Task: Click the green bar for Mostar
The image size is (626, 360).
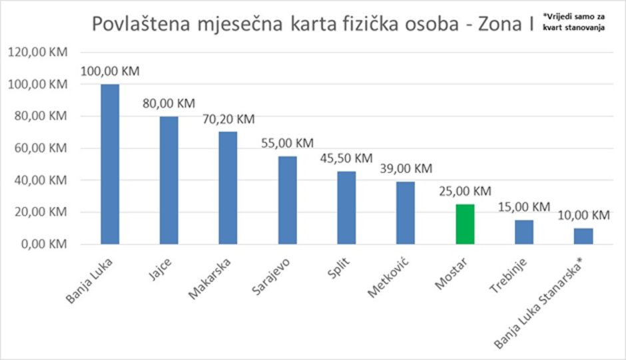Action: pos(465,224)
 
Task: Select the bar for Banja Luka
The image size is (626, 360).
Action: pos(110,164)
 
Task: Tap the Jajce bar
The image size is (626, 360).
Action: pos(168,180)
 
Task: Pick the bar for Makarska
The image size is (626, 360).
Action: pos(228,188)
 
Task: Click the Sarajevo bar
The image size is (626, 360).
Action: pos(287,200)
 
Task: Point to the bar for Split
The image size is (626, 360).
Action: pos(346,208)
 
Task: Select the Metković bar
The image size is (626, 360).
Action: pos(406,213)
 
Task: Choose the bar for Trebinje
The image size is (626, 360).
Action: pos(524,232)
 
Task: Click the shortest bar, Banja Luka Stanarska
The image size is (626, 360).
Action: pos(583,236)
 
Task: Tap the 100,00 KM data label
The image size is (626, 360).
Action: pos(110,71)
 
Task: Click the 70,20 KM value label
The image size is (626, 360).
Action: pos(228,119)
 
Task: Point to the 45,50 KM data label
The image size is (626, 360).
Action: pos(346,158)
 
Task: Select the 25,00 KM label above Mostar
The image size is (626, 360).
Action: pos(465,191)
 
